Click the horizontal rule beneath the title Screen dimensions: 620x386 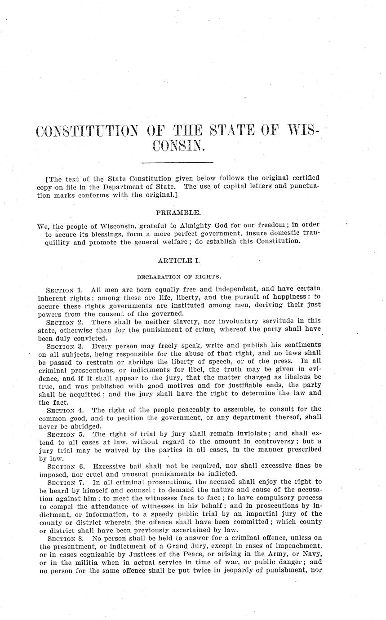(177, 161)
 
